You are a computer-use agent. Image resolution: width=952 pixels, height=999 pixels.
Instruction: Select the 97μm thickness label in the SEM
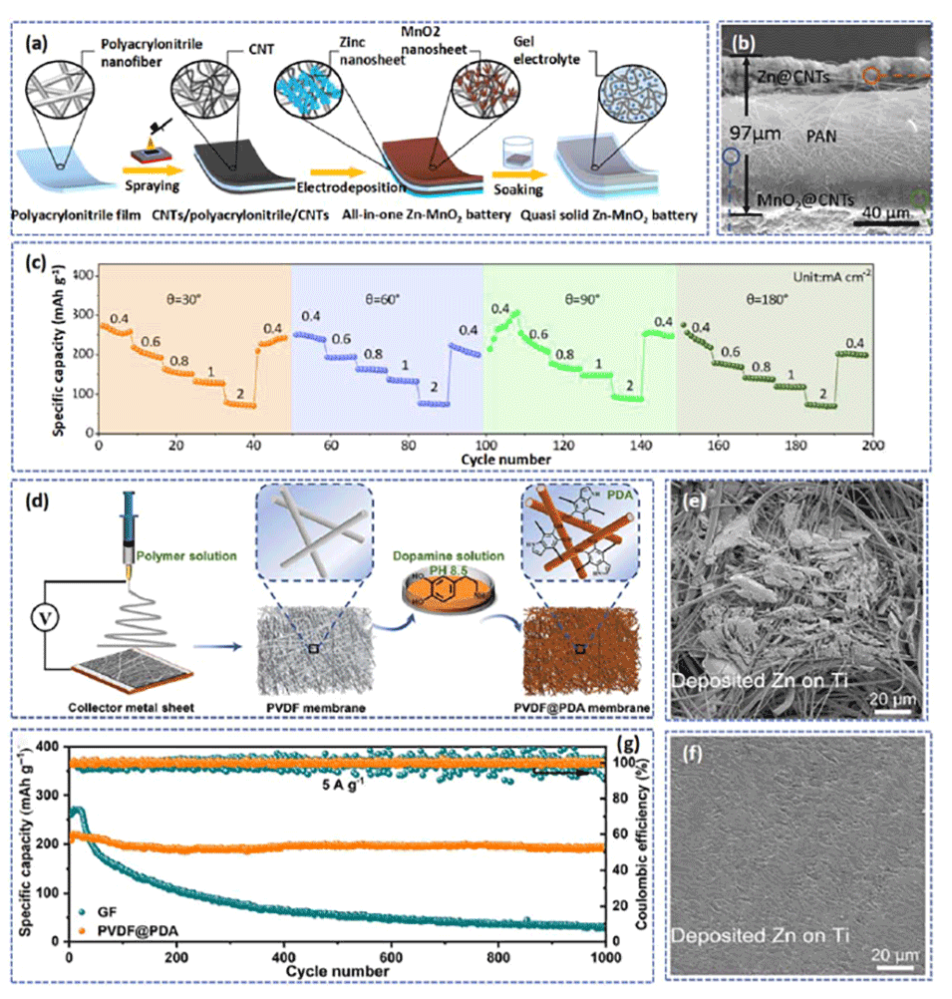click(x=775, y=132)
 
